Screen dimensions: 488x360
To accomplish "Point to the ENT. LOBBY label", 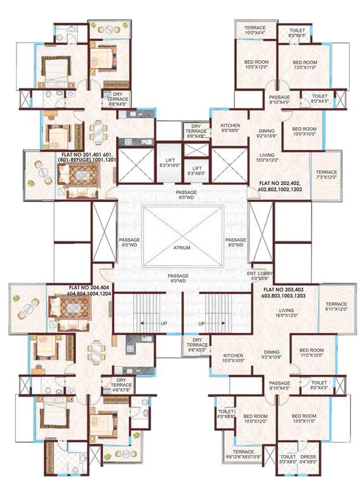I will [260, 276].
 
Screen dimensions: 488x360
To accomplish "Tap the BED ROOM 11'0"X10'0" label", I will [312, 353].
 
